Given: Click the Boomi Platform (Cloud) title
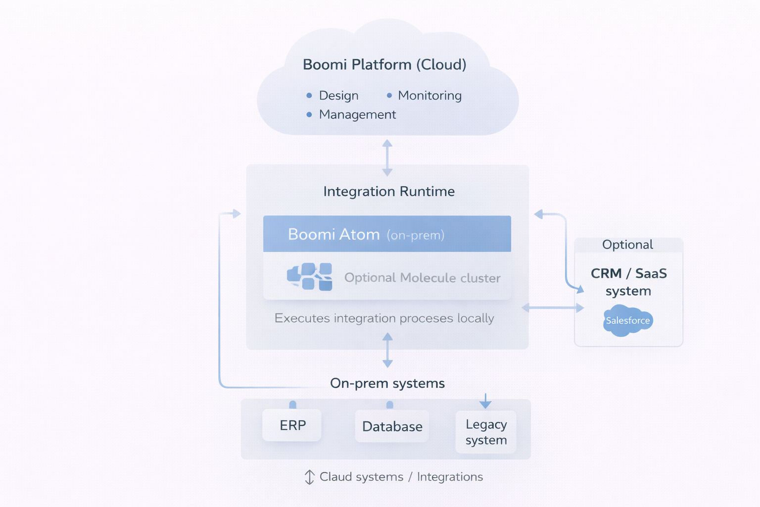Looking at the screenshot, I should (384, 64).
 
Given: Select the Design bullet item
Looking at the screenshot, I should (338, 96).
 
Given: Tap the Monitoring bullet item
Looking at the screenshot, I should (429, 96).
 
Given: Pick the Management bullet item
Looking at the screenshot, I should (357, 114).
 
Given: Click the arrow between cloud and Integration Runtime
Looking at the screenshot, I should (387, 157).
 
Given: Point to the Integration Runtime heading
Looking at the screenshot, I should (389, 192).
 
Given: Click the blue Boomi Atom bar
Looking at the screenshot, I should (387, 234).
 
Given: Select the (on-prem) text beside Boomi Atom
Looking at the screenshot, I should (416, 235).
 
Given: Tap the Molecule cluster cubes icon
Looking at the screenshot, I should (310, 276).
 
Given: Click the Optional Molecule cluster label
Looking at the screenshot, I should (422, 278).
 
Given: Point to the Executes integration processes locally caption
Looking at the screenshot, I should (384, 318).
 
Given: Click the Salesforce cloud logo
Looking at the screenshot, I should (628, 320).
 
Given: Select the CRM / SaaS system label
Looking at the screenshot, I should (628, 282).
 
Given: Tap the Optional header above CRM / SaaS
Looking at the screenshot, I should (627, 245).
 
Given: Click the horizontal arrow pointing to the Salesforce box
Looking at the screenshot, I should (553, 308).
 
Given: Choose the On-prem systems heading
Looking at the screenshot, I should (387, 383).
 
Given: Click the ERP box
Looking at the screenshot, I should (292, 425).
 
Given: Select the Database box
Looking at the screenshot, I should (392, 426).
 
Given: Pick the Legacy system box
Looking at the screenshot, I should (486, 432).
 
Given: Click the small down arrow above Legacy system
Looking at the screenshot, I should (485, 401).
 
